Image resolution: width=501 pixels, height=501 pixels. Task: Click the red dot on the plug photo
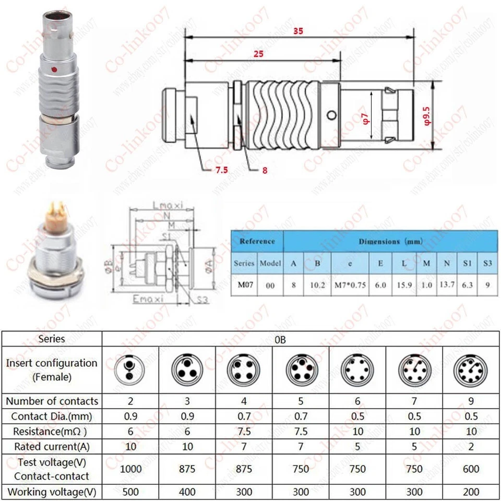pyautogui.click(x=54, y=69)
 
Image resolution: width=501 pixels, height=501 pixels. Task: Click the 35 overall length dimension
pyautogui.click(x=297, y=31)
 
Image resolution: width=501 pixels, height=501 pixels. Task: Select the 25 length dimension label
pyautogui.click(x=258, y=54)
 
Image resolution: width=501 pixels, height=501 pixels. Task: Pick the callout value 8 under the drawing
pyautogui.click(x=265, y=170)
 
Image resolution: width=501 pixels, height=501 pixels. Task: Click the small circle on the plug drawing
pyautogui.click(x=330, y=115)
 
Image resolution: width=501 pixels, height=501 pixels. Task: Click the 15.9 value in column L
pyautogui.click(x=404, y=285)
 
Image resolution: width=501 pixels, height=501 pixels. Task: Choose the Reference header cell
pyautogui.click(x=257, y=241)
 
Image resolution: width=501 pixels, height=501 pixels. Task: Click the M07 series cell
pyautogui.click(x=244, y=285)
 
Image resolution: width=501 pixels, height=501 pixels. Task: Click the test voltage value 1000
pyautogui.click(x=130, y=469)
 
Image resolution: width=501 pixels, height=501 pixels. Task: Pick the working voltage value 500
pyautogui.click(x=130, y=492)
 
